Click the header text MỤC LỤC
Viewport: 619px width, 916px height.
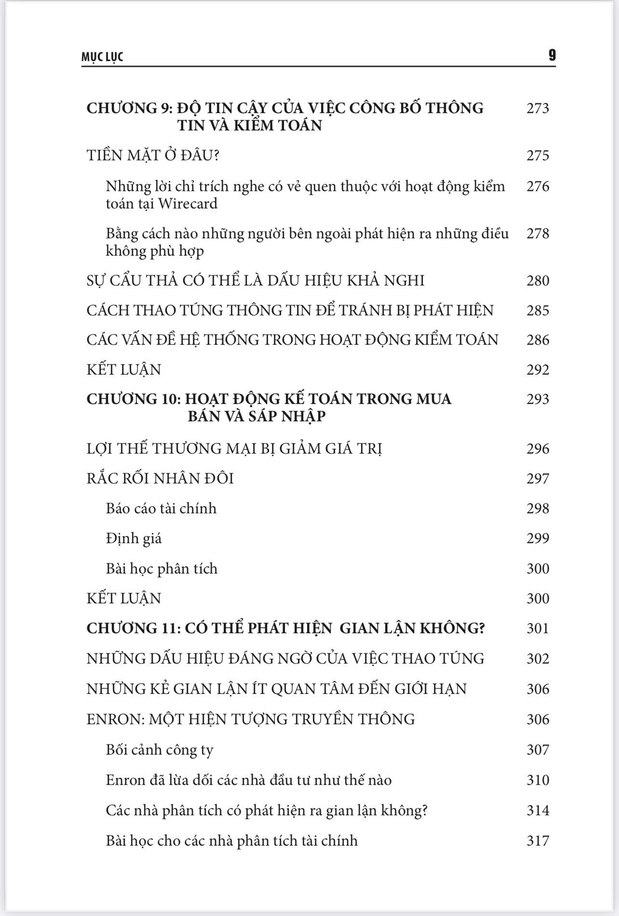tap(102, 57)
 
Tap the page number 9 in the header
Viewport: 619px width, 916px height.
tap(552, 55)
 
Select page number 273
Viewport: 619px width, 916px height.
tap(538, 108)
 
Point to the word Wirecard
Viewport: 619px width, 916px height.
tap(188, 204)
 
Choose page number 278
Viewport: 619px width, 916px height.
tap(538, 234)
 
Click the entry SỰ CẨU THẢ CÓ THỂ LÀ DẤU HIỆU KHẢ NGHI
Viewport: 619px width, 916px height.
tap(255, 280)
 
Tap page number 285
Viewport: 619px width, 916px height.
tap(538, 310)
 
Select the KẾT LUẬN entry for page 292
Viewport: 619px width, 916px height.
tap(123, 369)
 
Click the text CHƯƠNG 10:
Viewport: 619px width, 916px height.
tap(134, 399)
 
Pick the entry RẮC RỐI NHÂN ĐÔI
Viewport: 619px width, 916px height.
tap(160, 478)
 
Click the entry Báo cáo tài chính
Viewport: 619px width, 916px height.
tap(161, 509)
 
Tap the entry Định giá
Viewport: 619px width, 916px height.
tap(134, 538)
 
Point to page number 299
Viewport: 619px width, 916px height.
tap(538, 538)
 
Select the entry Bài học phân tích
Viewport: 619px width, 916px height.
tap(161, 569)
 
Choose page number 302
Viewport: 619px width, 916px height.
tap(538, 658)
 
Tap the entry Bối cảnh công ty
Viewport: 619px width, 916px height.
tap(159, 750)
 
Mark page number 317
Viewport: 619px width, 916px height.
tap(538, 841)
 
